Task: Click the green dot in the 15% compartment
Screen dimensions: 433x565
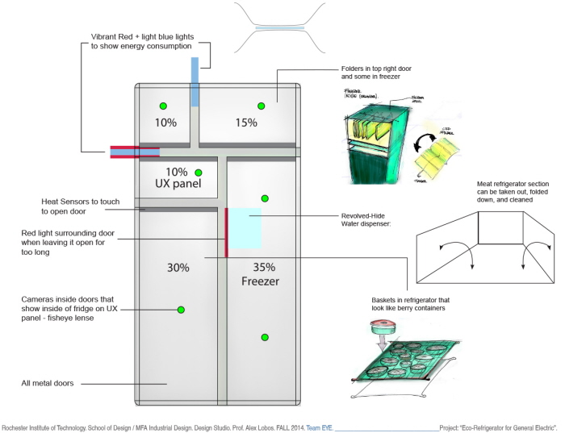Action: [260, 106]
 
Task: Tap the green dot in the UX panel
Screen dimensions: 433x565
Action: [198, 173]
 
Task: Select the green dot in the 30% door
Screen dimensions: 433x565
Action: [181, 310]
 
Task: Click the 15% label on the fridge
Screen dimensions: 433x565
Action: [246, 123]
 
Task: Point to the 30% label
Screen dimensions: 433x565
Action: [177, 268]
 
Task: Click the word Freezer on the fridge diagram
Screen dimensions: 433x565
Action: [259, 282]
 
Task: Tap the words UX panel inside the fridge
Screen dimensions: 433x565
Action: [177, 185]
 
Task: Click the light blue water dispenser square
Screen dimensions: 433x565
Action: [245, 227]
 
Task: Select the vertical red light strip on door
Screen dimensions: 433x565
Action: [227, 232]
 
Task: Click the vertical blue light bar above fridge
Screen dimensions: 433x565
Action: [194, 81]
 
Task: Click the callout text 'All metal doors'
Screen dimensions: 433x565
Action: [48, 384]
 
